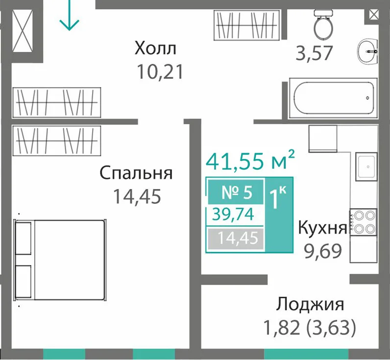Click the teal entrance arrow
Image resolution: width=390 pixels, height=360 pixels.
[69, 15]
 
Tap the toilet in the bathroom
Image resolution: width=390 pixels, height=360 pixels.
[323, 24]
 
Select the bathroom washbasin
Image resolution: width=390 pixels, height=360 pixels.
[367, 52]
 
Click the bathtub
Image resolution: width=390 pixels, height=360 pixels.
[333, 98]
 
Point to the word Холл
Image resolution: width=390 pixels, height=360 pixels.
[155, 48]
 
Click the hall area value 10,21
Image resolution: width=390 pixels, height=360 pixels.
[160, 72]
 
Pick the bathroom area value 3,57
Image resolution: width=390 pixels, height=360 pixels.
[314, 53]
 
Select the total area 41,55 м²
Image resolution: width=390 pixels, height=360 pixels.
[250, 160]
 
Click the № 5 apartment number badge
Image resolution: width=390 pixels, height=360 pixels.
[236, 192]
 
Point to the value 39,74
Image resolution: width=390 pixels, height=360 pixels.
[233, 215]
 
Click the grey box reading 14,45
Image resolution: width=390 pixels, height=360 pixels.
[236, 239]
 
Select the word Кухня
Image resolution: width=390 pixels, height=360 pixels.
[322, 228]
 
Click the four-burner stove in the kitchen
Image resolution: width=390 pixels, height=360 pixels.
[364, 222]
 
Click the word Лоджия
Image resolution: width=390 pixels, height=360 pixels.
[310, 304]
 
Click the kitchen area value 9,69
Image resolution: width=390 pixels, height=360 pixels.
[323, 251]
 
